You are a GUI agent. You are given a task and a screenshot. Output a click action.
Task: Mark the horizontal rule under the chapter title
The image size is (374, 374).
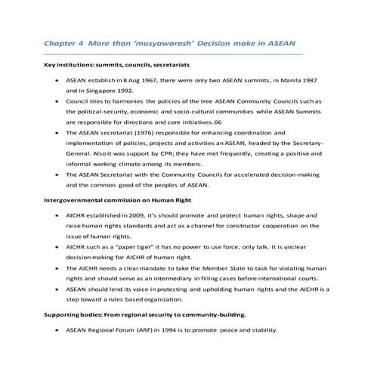click(174, 54)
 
